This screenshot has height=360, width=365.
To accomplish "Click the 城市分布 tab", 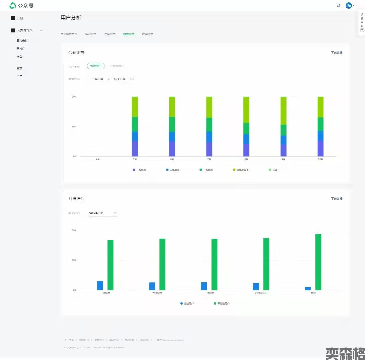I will point(128,34).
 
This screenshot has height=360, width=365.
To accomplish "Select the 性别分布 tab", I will point(91,34).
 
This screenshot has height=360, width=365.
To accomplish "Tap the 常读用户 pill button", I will point(96,66).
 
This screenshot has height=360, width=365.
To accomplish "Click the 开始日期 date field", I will point(98,79).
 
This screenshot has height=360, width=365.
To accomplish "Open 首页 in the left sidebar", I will point(20,18).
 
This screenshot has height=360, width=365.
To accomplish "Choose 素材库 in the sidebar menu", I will point(21,49).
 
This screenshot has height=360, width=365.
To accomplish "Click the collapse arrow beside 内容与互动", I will point(41,30).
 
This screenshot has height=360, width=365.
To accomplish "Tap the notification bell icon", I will point(339,6).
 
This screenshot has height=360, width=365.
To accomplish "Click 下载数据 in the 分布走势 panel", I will point(337,53).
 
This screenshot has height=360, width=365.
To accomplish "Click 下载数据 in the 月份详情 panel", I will point(337,199).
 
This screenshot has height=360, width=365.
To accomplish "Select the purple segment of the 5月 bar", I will point(135,149).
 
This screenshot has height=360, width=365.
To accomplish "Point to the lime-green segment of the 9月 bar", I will point(283,111).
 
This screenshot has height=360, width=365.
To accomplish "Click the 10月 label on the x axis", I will point(320,160).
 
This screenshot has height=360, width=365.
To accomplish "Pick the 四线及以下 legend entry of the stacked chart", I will point(241,170).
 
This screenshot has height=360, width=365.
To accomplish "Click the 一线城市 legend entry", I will point(139,170).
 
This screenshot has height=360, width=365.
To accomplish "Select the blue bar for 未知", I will point(308,288).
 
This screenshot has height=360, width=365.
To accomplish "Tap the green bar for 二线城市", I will point(162,264).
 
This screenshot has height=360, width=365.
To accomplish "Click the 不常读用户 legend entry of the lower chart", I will point(222,304).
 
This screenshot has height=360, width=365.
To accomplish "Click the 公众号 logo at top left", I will point(22,6).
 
